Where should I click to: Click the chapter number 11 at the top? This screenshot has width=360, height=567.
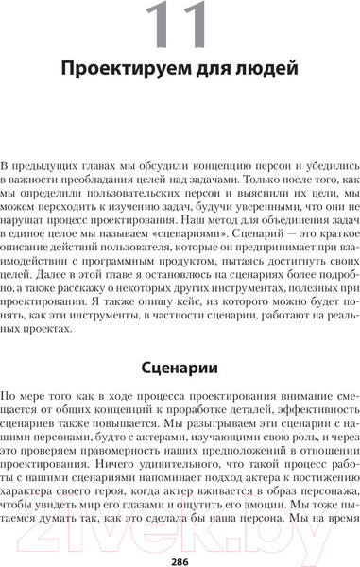pyautogui.click(x=180, y=29)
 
